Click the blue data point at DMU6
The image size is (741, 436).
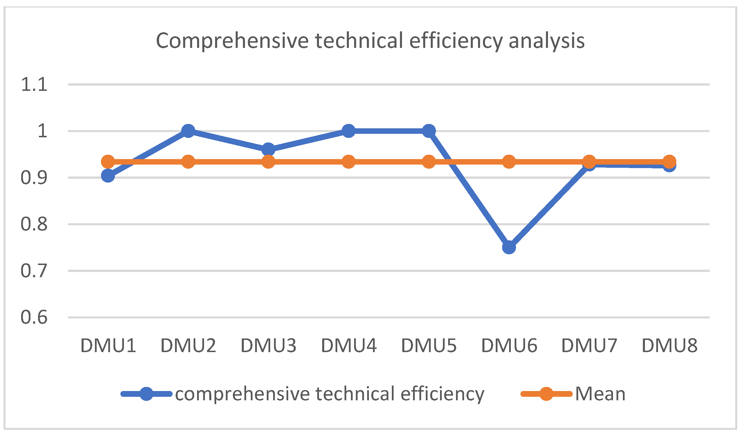click(x=509, y=247)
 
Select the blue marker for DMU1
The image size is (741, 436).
click(x=108, y=176)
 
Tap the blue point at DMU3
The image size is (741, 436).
click(x=268, y=150)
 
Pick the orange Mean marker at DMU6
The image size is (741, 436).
click(x=509, y=162)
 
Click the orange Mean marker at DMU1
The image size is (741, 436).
click(x=108, y=162)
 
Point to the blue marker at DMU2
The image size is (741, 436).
click(x=188, y=131)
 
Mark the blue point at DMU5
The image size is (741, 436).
click(x=429, y=131)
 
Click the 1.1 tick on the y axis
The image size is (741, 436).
click(x=34, y=85)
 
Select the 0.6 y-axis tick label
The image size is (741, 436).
click(x=34, y=318)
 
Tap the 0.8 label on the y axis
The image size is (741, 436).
click(x=34, y=224)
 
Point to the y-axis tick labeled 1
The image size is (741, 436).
click(x=43, y=131)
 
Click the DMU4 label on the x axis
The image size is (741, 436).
click(x=349, y=345)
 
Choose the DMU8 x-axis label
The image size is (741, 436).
click(x=670, y=345)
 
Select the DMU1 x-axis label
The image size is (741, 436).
click(x=108, y=345)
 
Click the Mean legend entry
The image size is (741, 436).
click(x=600, y=394)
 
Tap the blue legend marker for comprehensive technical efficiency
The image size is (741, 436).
click(x=146, y=394)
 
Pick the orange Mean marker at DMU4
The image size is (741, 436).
click(x=349, y=162)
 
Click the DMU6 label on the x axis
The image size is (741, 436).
click(x=509, y=345)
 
